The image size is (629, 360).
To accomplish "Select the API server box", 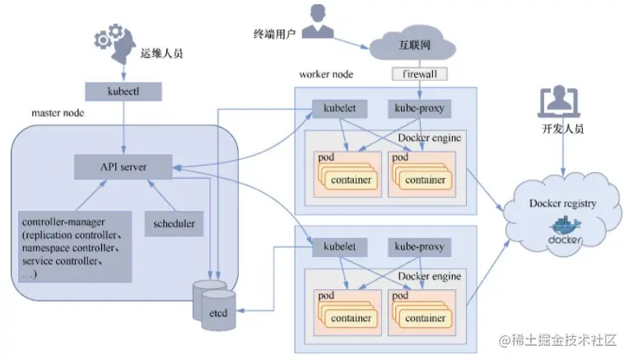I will [123, 166].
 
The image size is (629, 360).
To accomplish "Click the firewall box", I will [419, 74].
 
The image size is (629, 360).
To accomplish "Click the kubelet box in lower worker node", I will [334, 246].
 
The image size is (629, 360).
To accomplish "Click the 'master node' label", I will [58, 111].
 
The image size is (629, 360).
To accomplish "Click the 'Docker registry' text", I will [563, 203].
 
